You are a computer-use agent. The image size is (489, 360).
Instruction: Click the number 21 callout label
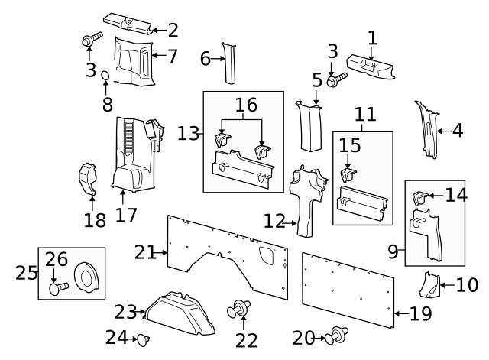click(x=144, y=252)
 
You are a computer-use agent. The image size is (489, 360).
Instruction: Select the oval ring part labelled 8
click(x=105, y=76)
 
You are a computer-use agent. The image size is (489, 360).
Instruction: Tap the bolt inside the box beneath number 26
click(x=59, y=287)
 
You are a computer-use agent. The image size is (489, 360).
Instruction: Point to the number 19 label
click(x=420, y=313)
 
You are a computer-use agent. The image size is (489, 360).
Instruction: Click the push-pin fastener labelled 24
click(x=144, y=339)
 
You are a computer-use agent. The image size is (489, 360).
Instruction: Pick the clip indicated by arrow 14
click(x=421, y=197)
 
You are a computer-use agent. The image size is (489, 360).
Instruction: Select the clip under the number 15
click(x=348, y=175)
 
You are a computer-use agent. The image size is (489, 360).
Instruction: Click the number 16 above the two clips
click(x=246, y=105)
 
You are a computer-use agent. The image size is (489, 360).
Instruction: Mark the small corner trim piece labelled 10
click(x=429, y=285)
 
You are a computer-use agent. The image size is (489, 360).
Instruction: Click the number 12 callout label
click(x=274, y=221)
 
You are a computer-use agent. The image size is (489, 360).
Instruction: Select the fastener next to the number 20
click(x=336, y=336)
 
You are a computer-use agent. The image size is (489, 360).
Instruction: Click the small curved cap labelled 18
click(x=87, y=179)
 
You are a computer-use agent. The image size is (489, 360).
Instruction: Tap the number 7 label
click(x=172, y=57)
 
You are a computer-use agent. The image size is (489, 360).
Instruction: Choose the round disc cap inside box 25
click(x=86, y=277)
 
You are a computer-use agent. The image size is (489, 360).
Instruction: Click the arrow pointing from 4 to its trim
click(x=444, y=131)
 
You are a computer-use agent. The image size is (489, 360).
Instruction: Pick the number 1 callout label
click(x=372, y=38)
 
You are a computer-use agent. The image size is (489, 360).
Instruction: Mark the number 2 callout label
click(x=173, y=31)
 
